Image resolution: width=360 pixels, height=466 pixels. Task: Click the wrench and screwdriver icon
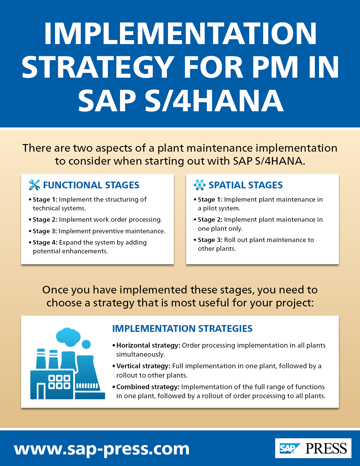34,185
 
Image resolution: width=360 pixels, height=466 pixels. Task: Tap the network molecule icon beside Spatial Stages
200,185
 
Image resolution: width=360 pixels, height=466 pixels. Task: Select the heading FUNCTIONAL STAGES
91,185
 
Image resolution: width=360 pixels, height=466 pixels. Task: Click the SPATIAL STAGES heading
246,185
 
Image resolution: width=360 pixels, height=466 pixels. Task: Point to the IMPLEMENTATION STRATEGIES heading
182,328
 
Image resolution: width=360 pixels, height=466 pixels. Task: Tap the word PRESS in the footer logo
326,448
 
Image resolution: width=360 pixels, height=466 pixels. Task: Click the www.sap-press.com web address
102,449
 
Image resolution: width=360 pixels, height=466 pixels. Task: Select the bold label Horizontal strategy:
148,345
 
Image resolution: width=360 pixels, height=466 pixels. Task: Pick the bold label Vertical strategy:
143,366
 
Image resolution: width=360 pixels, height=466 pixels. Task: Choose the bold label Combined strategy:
148,387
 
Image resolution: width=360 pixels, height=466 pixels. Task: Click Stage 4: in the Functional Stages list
45,242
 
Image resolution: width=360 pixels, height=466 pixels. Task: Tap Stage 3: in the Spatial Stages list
210,240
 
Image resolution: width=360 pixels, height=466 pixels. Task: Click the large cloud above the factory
68,336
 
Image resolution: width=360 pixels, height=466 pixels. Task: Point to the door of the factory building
41,391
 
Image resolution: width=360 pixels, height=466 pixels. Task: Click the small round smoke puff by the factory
86,344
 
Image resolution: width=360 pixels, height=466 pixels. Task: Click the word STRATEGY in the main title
98,67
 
